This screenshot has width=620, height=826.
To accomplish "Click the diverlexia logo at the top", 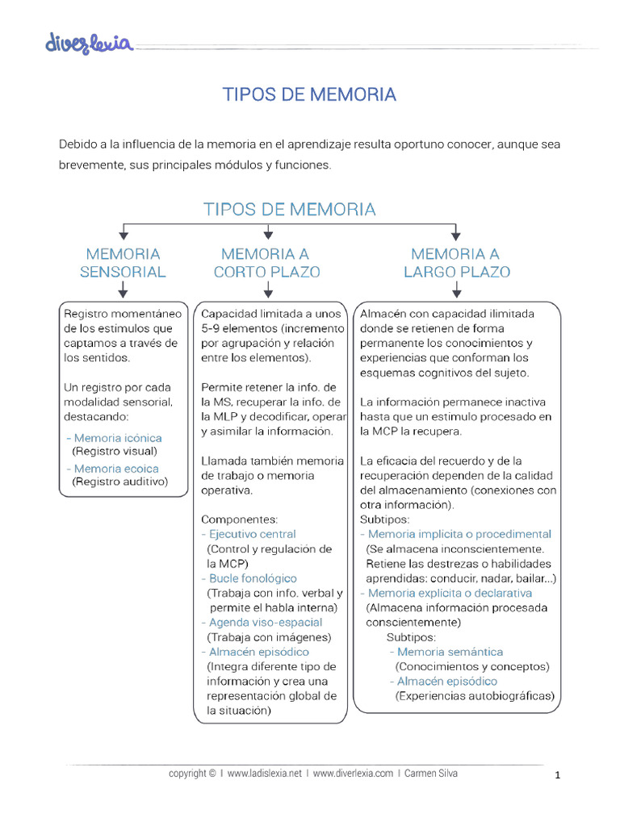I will point(89,43).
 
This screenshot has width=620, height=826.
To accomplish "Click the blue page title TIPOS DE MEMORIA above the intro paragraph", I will point(309,94).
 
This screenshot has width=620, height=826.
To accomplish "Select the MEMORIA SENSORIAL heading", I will point(123,263).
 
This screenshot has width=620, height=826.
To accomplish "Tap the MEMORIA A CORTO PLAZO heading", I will point(266,263).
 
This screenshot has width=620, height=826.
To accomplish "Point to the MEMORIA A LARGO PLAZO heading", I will point(457,263).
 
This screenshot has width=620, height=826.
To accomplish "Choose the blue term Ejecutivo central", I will point(252,534).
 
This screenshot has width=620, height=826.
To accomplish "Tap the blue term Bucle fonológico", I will point(253,578).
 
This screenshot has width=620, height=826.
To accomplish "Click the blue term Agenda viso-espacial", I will point(266,623).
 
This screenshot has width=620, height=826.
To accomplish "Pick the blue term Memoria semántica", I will point(450,652).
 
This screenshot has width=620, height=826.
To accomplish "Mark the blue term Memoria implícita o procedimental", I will point(459,534).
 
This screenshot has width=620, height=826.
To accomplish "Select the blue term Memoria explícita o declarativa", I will point(450,593).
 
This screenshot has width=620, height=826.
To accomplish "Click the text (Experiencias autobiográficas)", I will point(475,696).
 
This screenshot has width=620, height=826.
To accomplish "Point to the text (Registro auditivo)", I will point(119,482).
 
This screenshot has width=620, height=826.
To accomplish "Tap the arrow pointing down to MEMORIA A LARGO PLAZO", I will point(457,232).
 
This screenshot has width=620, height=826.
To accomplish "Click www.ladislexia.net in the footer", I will point(264,773).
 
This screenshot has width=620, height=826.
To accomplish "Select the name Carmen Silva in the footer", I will point(433,773).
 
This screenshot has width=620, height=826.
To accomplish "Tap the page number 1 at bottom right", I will point(557,776).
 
